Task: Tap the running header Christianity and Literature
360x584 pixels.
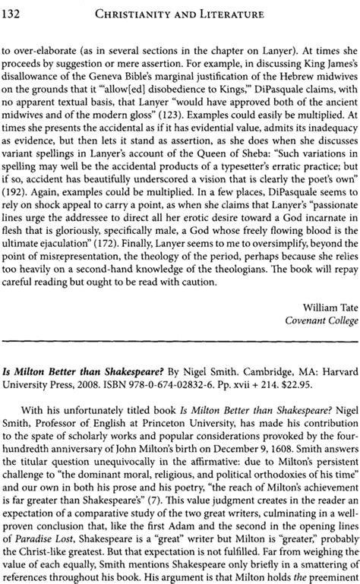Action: [x=192, y=11]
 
